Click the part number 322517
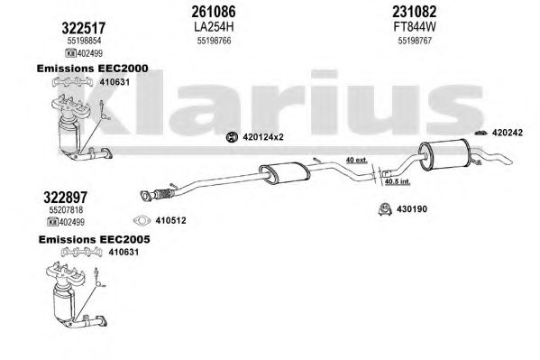84,28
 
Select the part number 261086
214,12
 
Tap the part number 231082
415,12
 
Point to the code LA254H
214,26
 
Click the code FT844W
415,26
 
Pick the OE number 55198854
84,41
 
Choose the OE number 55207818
66,209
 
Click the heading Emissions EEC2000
92,69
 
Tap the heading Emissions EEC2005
94,239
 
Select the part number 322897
66,198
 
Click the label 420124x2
263,137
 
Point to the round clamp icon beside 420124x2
232,137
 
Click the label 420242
508,133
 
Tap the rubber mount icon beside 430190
384,209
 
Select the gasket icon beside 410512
142,220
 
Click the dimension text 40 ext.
356,160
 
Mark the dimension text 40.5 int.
398,181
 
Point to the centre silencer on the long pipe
285,171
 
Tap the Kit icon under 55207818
52,222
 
